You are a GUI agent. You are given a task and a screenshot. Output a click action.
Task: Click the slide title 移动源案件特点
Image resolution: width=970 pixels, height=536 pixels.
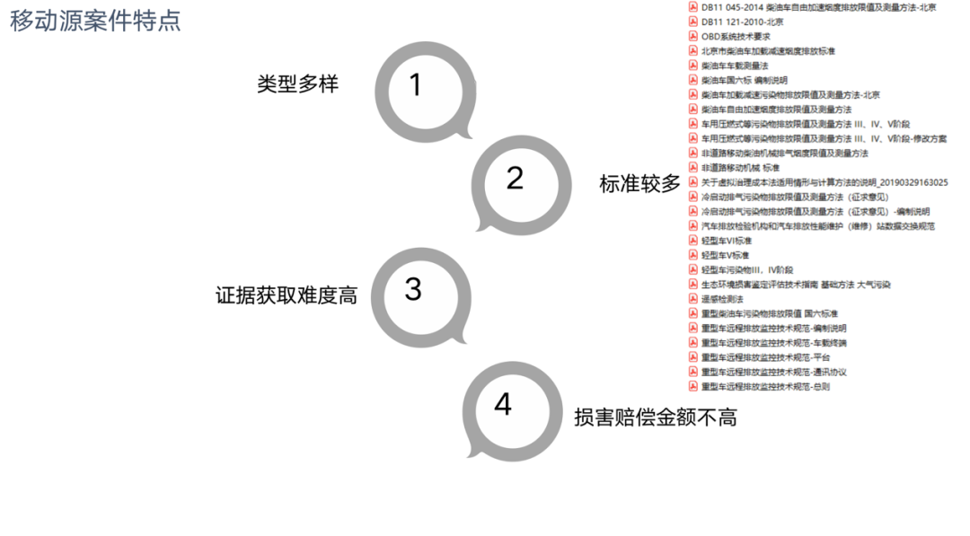95,21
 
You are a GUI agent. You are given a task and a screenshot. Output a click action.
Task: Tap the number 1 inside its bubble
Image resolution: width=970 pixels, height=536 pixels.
414,84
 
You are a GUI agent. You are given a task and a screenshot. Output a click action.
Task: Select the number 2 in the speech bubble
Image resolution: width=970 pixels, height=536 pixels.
515,178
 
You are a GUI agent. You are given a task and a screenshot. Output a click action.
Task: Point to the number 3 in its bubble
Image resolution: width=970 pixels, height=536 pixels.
413,289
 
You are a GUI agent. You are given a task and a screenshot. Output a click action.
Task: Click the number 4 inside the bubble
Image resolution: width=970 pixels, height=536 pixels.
503,404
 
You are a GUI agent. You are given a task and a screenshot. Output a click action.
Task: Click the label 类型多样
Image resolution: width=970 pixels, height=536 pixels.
297,84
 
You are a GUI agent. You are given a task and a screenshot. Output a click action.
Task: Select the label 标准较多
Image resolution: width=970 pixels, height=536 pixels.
640,184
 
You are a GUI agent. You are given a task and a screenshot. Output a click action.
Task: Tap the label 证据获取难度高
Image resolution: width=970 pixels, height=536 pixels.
286,295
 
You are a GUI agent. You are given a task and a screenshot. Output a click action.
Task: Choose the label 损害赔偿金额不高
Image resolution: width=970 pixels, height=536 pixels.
656,417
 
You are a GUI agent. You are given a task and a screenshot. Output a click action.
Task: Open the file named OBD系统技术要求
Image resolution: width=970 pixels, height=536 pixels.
736,37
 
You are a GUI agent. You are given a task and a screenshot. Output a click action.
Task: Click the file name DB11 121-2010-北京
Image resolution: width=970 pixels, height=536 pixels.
742,22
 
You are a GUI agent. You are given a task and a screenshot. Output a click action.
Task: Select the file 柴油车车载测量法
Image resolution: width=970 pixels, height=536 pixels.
735,66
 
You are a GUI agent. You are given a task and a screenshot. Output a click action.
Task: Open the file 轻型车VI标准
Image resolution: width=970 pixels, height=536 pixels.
727,241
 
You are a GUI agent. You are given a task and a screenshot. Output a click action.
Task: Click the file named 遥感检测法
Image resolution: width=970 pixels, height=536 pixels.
722,299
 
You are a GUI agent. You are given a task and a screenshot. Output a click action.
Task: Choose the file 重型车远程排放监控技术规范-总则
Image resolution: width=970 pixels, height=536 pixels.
765,387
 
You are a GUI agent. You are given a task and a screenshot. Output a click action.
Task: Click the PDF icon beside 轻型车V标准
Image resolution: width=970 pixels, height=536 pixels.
693,255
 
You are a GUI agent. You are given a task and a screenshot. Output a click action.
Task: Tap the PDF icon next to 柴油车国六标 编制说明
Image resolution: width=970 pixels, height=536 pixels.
693,80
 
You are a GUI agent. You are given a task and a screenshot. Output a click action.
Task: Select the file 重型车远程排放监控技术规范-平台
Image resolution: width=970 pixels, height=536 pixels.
765,357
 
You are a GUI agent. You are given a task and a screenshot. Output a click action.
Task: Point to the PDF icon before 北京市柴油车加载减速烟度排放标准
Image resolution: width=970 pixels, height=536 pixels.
693,51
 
